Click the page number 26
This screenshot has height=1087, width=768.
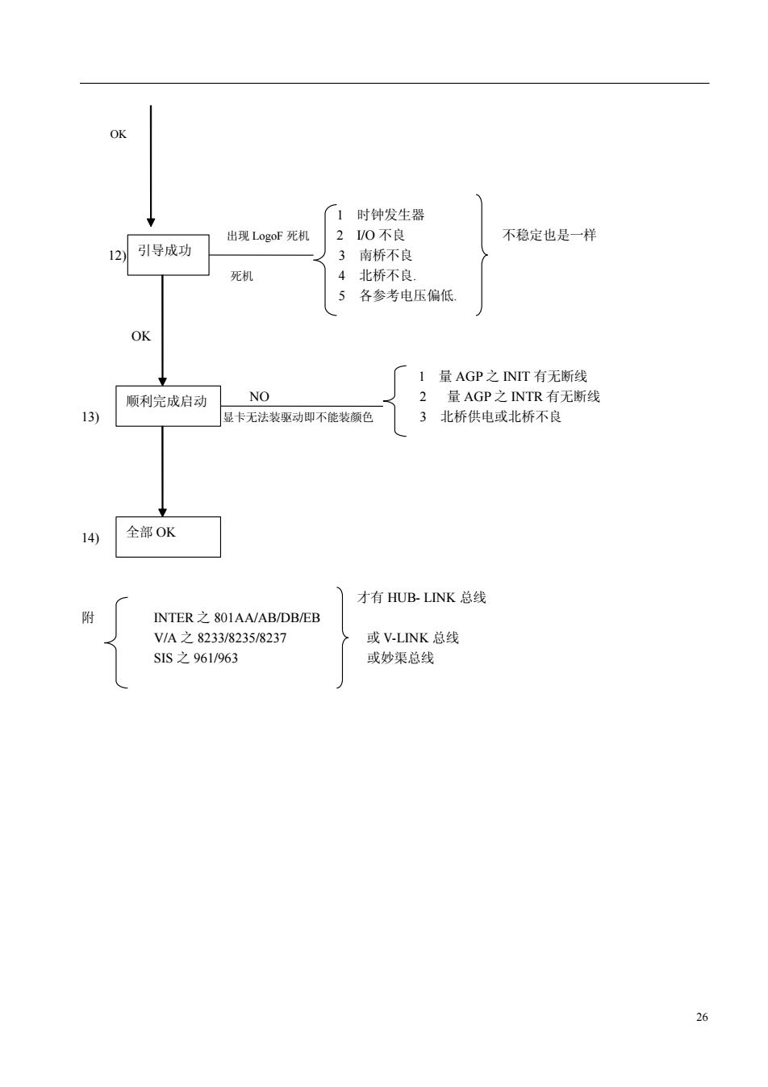702,1017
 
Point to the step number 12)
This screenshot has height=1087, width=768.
117,255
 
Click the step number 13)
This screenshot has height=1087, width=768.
90,417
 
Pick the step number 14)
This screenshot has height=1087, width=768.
90,537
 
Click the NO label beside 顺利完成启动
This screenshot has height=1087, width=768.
259,396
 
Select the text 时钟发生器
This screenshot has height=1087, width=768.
390,215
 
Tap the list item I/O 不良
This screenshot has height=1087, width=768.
380,236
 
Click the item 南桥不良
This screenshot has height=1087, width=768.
386,255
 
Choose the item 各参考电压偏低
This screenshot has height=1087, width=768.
407,295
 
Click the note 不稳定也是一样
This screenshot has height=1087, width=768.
549,236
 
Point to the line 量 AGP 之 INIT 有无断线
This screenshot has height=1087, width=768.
513,376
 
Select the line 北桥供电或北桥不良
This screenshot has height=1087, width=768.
501,417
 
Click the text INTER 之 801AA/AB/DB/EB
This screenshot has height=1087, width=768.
236,618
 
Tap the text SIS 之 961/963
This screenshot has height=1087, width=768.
195,658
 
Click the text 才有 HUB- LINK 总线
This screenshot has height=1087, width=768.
422,597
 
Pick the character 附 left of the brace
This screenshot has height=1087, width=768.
88,618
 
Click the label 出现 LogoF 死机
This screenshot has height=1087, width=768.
268,236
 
